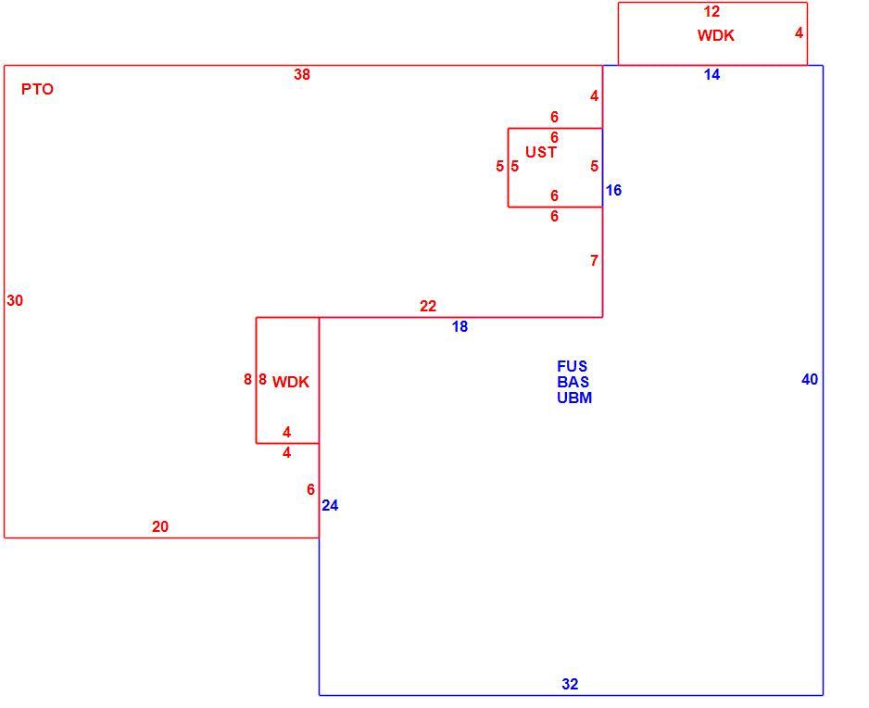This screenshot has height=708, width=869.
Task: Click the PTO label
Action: [x=37, y=89]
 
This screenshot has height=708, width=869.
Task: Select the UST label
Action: [x=541, y=152]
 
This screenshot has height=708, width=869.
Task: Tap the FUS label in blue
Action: [x=572, y=366]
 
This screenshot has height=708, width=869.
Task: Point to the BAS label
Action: [x=573, y=382]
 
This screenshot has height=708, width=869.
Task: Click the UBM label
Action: [x=574, y=398]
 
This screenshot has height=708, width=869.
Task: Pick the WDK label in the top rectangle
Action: [x=715, y=35]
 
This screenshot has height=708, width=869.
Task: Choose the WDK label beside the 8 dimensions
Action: [x=290, y=382]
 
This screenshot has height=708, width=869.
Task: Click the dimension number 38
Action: [x=302, y=74]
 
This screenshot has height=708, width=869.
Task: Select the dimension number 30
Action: [x=15, y=300]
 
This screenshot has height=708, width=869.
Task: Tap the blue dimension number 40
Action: [x=810, y=379]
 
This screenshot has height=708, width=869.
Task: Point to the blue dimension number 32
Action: [x=570, y=684]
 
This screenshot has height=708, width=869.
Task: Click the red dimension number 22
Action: [x=428, y=306]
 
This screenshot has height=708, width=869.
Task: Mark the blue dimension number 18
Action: [x=460, y=326]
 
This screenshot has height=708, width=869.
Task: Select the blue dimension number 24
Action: [x=330, y=506]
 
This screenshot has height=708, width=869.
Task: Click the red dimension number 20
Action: [x=160, y=526]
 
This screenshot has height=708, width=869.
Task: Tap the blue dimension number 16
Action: [x=613, y=190]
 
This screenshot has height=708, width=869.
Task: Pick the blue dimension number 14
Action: [x=712, y=74]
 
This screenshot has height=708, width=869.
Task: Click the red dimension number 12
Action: [x=712, y=11]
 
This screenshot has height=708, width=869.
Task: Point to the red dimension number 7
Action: [x=594, y=260]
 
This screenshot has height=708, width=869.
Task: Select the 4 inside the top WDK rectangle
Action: [x=799, y=32]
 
